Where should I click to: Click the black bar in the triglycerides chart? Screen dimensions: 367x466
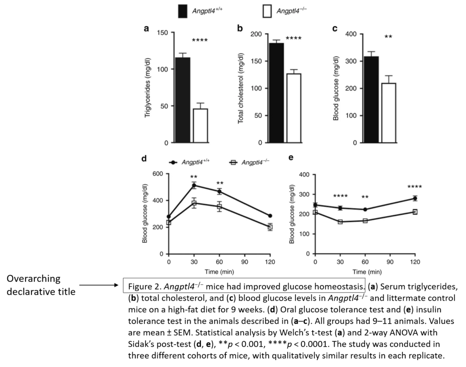pos(183,100)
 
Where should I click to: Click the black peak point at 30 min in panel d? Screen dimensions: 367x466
pos(194,185)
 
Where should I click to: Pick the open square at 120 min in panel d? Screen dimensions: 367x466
pos(270,226)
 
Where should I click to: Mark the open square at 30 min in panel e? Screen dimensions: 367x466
pos(340,222)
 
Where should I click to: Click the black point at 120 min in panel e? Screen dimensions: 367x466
pos(415,198)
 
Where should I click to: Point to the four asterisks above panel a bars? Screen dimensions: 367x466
pos(199,40)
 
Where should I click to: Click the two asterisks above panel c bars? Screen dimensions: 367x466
pos(388,36)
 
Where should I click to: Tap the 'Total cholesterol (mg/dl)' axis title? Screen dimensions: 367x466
pos(241,89)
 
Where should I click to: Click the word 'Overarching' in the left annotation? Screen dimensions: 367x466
pos(33,279)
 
